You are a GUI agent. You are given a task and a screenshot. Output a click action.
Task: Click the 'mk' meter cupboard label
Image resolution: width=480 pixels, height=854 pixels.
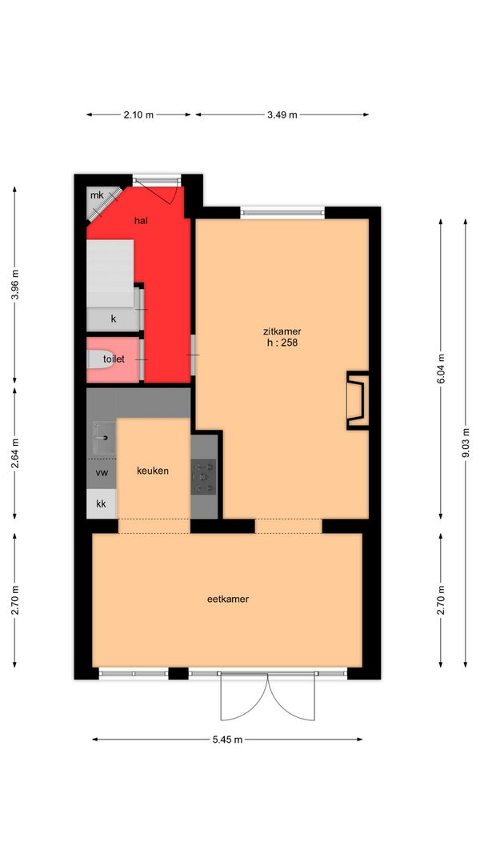[x=97, y=195]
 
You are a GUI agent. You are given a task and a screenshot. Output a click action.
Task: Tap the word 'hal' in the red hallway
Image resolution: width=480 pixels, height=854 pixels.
[x=142, y=221]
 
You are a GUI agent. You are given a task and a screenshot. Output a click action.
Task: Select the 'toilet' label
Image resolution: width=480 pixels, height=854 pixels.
[x=114, y=359]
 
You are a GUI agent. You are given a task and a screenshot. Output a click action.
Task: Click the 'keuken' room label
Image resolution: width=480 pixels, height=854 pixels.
[x=152, y=471]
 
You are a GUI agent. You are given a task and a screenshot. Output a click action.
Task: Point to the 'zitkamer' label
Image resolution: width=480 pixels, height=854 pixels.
[x=282, y=331]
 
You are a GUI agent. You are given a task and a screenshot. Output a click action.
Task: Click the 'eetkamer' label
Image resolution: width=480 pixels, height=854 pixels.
[x=228, y=599]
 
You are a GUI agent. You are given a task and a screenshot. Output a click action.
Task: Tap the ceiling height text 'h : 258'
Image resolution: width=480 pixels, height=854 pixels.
[x=282, y=343]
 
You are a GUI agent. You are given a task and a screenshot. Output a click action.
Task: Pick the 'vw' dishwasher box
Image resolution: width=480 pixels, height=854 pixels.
[x=102, y=473]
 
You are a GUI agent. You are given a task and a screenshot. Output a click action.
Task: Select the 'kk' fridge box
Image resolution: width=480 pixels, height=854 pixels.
[x=102, y=503]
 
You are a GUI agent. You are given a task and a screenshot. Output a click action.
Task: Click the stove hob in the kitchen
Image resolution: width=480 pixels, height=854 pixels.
[x=203, y=476]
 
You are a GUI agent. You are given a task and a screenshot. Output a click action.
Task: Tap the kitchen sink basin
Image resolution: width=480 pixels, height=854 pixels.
[x=103, y=437]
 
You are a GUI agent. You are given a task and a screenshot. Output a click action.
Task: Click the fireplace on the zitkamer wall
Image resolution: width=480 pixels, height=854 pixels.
[x=358, y=400]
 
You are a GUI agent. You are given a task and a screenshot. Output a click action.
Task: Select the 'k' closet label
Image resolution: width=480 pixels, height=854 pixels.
[x=113, y=319]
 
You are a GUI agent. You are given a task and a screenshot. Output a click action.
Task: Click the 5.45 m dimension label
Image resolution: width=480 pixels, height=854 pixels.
[x=227, y=740]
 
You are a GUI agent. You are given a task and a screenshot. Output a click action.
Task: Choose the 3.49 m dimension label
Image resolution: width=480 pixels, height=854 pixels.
[x=282, y=115]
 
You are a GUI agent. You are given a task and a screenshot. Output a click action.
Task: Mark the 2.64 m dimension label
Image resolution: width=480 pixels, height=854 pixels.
[x=14, y=453]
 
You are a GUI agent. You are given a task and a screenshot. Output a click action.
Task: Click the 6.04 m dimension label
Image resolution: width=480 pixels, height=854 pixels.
[x=441, y=369]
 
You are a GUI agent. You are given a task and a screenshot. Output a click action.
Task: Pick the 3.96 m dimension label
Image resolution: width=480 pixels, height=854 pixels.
[x=14, y=284]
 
